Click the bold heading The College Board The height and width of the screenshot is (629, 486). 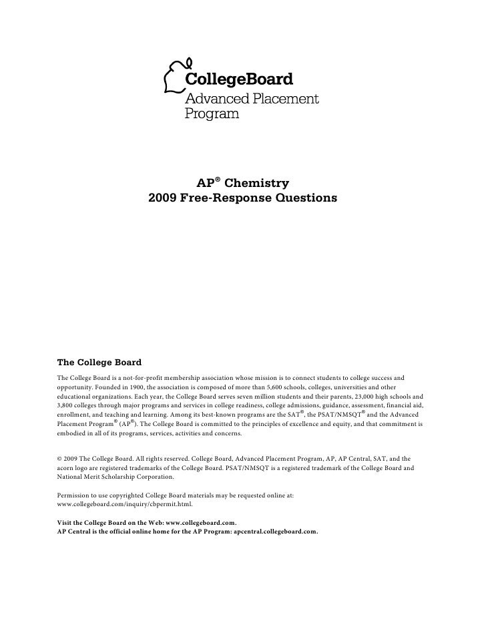pyautogui.click(x=99, y=363)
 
